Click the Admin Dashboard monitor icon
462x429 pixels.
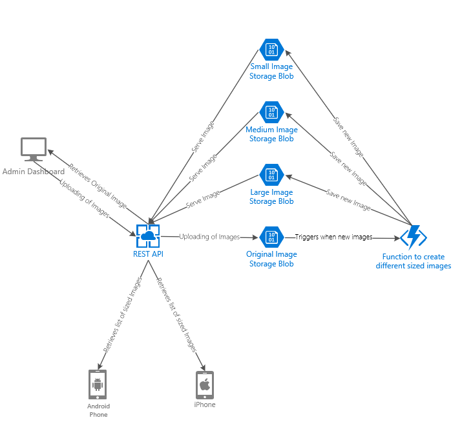point(34,150)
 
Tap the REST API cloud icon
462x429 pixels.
point(148,237)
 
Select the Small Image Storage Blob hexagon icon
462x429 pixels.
point(271,49)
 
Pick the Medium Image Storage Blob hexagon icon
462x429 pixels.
point(271,112)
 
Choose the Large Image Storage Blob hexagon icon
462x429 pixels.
point(271,174)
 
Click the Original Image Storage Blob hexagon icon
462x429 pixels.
point(271,237)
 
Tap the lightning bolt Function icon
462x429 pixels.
point(413,237)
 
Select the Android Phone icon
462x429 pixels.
point(98,385)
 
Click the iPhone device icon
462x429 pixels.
point(205,385)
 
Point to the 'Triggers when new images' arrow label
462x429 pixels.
point(333,237)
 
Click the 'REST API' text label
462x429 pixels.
point(148,254)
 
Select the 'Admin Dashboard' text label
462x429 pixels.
point(34,172)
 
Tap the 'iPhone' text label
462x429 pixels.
point(205,404)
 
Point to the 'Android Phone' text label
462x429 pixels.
point(98,410)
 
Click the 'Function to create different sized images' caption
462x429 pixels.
point(413,261)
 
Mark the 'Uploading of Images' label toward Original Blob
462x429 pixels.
point(209,237)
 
